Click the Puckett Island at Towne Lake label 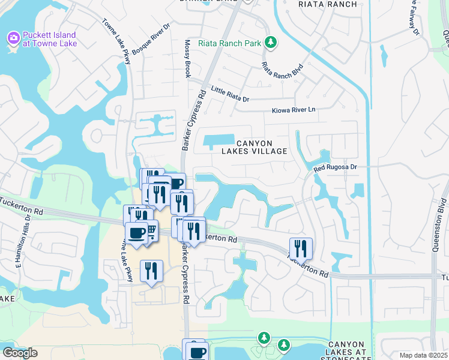click(53, 39)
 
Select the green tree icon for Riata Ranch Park click(271, 41)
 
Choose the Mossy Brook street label click(187, 59)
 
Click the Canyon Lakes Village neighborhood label click(262, 147)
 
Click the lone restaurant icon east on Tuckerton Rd click(301, 248)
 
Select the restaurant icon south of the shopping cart click(151, 270)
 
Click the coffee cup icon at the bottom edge click(196, 351)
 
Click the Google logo click(20, 353)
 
